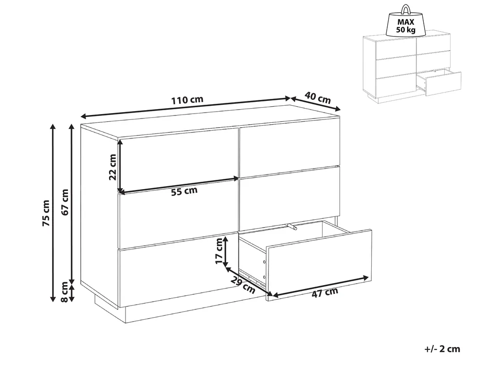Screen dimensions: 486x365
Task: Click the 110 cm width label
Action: click(187, 100)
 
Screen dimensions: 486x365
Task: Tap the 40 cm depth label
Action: click(318, 97)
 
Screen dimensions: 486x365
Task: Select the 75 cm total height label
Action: click(46, 213)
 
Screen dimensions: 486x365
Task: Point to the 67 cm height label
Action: click(65, 202)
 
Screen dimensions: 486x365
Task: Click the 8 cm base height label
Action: click(65, 292)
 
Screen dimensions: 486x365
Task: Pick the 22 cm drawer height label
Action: click(112, 167)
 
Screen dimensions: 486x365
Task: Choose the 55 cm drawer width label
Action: click(184, 191)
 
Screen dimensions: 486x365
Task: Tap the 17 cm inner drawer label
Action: click(219, 251)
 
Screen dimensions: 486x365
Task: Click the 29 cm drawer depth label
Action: click(243, 285)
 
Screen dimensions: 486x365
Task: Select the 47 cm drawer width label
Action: click(324, 293)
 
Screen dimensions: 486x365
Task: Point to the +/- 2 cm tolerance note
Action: click(442, 349)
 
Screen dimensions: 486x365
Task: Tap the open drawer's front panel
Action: click(319, 265)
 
